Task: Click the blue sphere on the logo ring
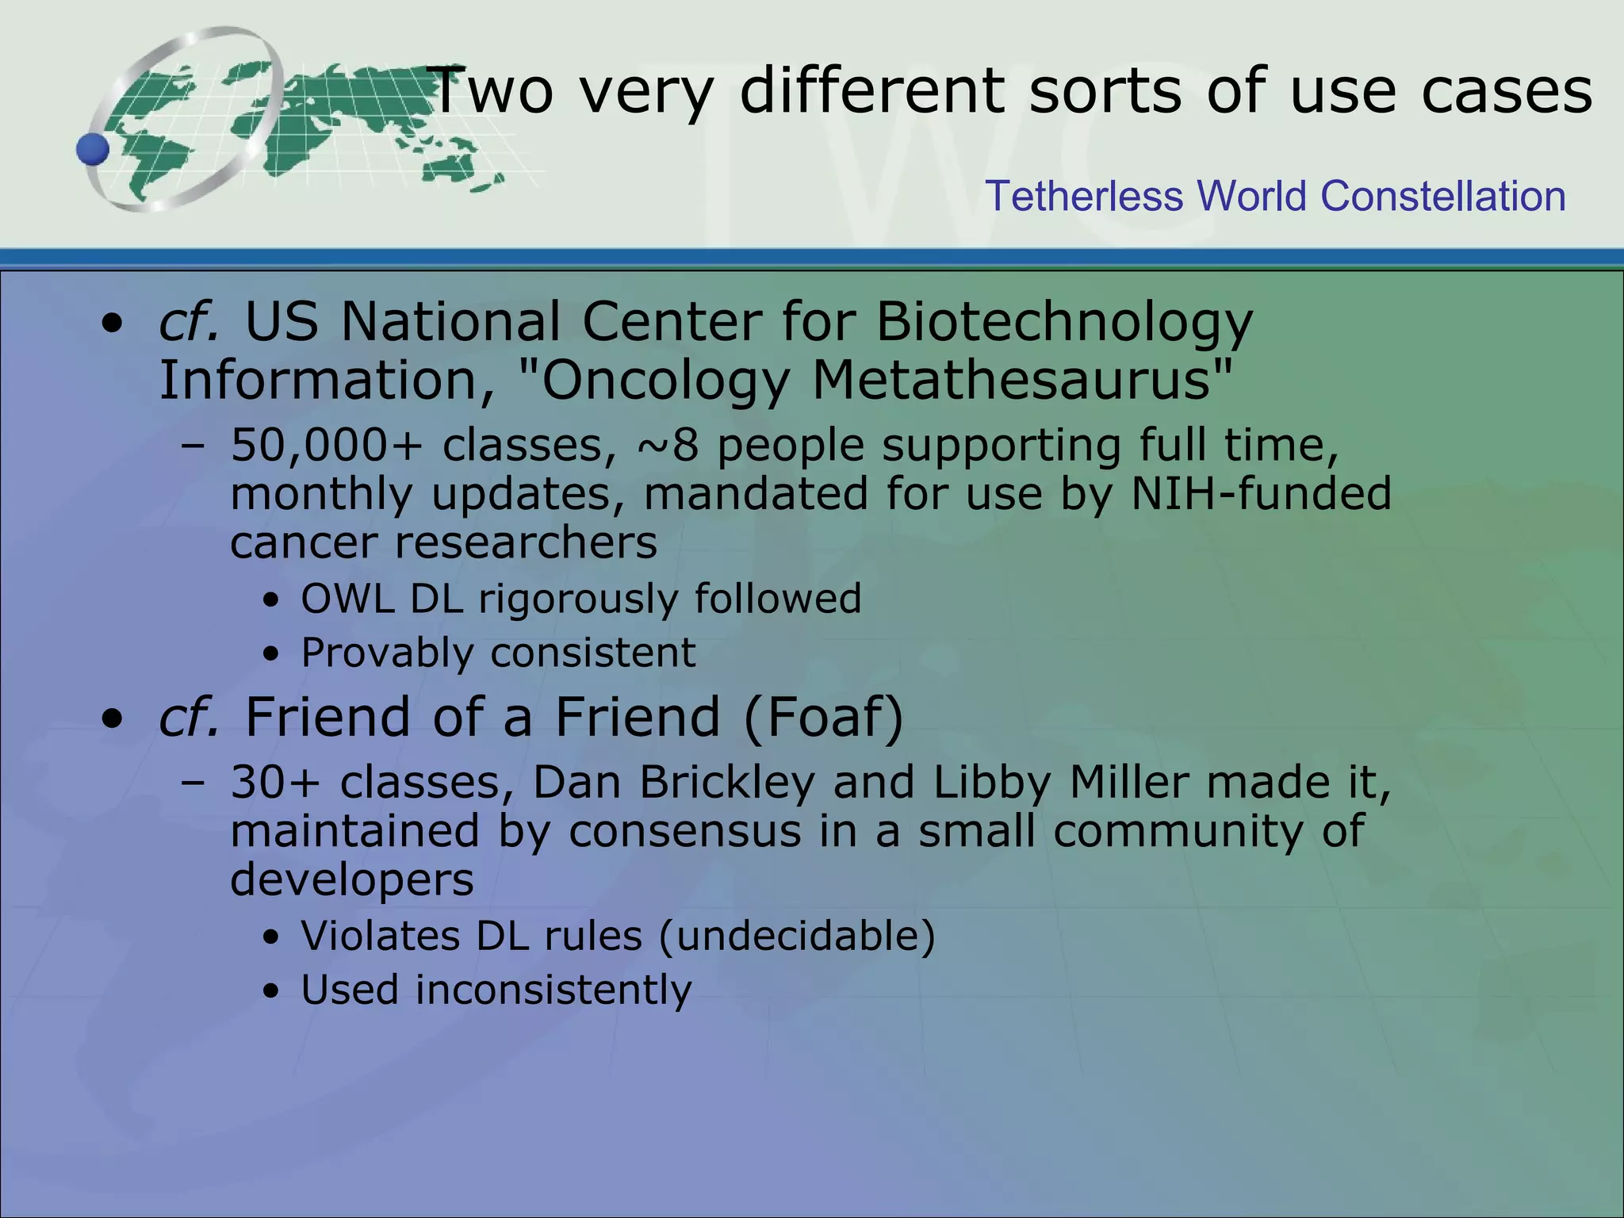pos(93,149)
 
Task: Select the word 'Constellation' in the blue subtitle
pos(1442,196)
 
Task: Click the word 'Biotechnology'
pos(1064,323)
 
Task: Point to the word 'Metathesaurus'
pos(1022,381)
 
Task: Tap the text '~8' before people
pos(667,445)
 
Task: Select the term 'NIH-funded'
pos(1261,493)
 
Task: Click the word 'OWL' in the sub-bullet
pos(347,598)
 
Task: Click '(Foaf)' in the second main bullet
pos(824,717)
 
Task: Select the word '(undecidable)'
pos(797,936)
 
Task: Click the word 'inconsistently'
pos(553,990)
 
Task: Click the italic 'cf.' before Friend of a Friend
pos(189,717)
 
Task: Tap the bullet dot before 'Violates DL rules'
pos(272,939)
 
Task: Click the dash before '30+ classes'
pos(192,783)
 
